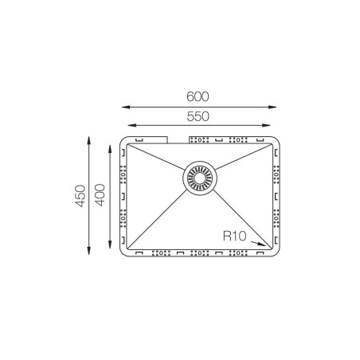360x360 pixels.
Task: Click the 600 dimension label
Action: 198,96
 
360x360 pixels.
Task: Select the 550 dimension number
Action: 198,116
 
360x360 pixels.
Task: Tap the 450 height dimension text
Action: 80,196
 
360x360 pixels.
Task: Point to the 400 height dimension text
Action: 100,195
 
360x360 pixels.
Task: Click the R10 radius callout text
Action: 235,236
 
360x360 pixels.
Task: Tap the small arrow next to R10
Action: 258,244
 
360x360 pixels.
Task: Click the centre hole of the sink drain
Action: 200,178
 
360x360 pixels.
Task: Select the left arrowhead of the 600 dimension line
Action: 126,107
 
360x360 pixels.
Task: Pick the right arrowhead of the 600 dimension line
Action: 272,107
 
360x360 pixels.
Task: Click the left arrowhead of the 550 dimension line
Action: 132,125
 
